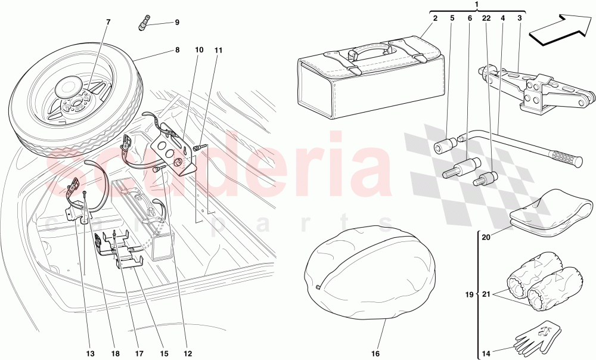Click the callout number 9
tap(176, 23)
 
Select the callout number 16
tap(375, 353)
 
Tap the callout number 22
tap(486, 18)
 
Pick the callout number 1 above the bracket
tap(476, 5)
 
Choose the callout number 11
tap(218, 51)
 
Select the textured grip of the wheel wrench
tap(566, 158)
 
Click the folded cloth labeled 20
tap(551, 212)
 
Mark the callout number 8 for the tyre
tap(177, 51)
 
